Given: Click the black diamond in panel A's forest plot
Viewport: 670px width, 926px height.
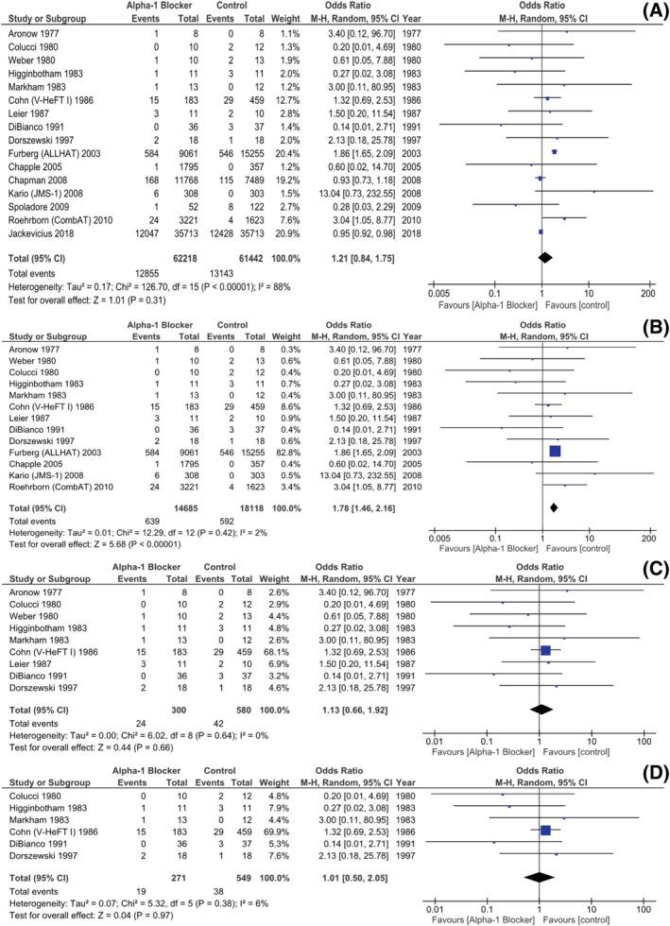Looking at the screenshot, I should [x=544, y=256].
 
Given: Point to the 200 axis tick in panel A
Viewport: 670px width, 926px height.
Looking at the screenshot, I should [x=648, y=293].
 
